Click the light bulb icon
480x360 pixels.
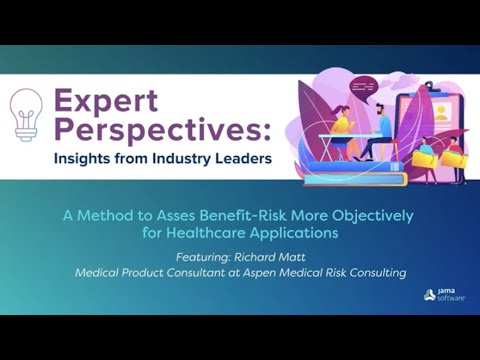pos(25,111)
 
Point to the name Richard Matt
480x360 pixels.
pos(271,256)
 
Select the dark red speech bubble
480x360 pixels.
pos(366,87)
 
